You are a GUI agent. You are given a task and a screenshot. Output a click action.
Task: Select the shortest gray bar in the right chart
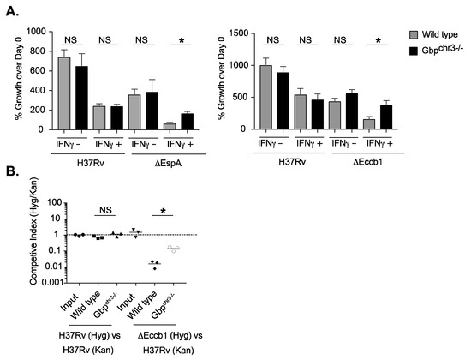[x=370, y=123]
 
